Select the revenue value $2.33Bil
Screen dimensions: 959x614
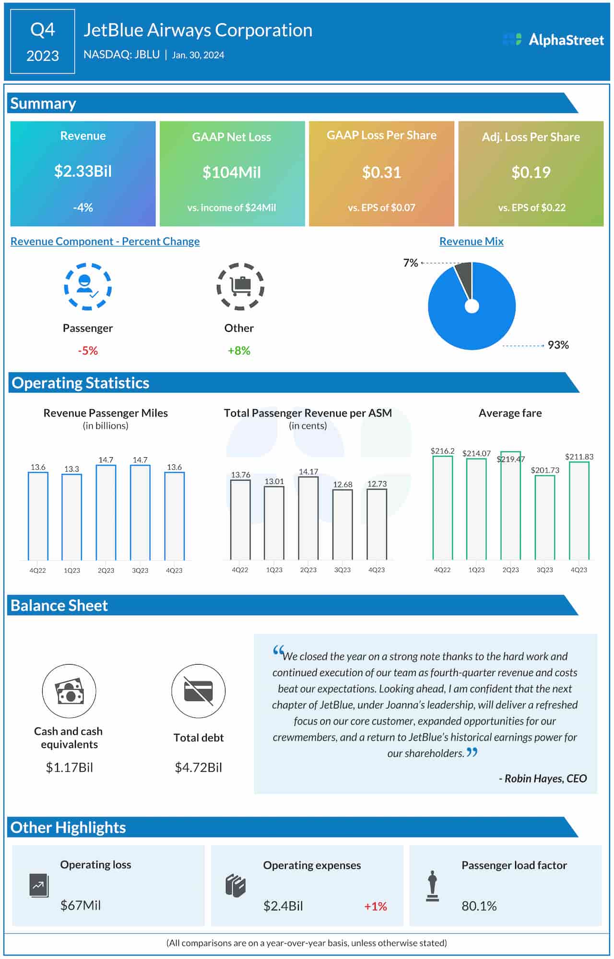pyautogui.click(x=83, y=171)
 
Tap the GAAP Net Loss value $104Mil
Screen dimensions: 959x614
pyautogui.click(x=232, y=172)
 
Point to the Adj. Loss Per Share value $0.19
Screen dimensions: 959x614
pyautogui.click(x=531, y=172)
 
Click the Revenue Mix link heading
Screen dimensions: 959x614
pyautogui.click(x=471, y=242)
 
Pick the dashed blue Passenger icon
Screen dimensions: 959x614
pyautogui.click(x=88, y=286)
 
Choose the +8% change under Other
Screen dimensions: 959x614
pyautogui.click(x=239, y=351)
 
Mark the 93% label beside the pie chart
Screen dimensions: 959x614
pyautogui.click(x=558, y=345)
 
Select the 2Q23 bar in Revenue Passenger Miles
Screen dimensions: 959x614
pyautogui.click(x=106, y=512)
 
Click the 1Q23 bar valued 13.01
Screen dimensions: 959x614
pyautogui.click(x=274, y=523)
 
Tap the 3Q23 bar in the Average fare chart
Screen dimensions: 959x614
pyautogui.click(x=545, y=517)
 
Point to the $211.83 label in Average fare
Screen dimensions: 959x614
pyautogui.click(x=579, y=457)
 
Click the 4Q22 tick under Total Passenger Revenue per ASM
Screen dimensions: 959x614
pyautogui.click(x=240, y=570)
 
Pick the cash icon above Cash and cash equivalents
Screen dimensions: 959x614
pyautogui.click(x=69, y=691)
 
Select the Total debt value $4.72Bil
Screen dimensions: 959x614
pyautogui.click(x=199, y=767)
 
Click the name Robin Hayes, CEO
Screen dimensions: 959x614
pyautogui.click(x=543, y=778)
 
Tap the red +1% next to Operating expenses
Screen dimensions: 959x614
pyautogui.click(x=375, y=906)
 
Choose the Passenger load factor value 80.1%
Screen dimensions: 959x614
pyautogui.click(x=479, y=906)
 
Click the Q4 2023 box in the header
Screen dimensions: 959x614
pyautogui.click(x=43, y=42)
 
